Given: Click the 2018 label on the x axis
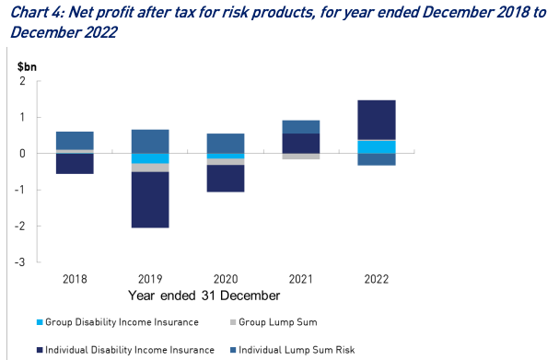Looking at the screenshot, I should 75,279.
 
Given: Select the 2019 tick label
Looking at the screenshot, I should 150,279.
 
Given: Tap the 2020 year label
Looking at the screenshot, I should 226,279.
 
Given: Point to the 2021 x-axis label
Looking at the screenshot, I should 301,279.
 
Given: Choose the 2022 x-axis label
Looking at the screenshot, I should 377,279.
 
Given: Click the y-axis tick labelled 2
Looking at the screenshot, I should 23,82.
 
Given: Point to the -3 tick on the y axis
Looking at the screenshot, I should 20,262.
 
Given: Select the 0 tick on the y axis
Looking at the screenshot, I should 23,154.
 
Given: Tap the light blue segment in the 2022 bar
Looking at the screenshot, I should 377,147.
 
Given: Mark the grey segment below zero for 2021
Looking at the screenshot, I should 301,157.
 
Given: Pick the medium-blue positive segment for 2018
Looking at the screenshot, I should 75,140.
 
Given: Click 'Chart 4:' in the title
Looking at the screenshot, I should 37,13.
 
